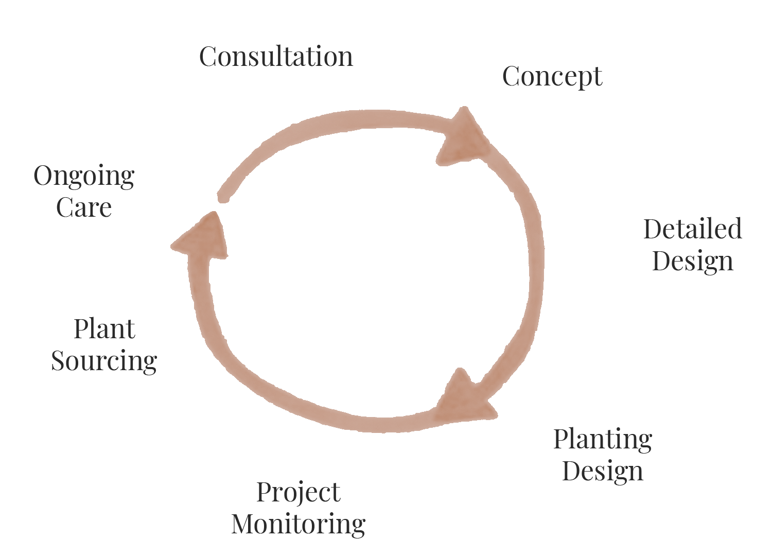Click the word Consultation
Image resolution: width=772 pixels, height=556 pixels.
click(276, 57)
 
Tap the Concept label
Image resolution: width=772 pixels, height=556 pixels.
click(552, 77)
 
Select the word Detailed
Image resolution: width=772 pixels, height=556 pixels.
click(692, 229)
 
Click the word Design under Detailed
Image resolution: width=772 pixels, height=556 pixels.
click(692, 261)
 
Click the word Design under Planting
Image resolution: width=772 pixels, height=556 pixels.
click(602, 471)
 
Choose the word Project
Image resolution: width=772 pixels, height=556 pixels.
click(299, 493)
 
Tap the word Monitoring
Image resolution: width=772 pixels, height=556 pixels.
click(299, 524)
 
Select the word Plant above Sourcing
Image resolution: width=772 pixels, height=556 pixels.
click(104, 329)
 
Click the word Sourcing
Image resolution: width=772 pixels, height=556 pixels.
click(104, 360)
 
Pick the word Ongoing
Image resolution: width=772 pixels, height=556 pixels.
click(84, 177)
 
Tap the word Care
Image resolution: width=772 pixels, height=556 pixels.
click(84, 207)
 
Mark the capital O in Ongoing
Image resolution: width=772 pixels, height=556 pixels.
click(44, 176)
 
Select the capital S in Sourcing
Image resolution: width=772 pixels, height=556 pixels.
click(58, 360)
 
